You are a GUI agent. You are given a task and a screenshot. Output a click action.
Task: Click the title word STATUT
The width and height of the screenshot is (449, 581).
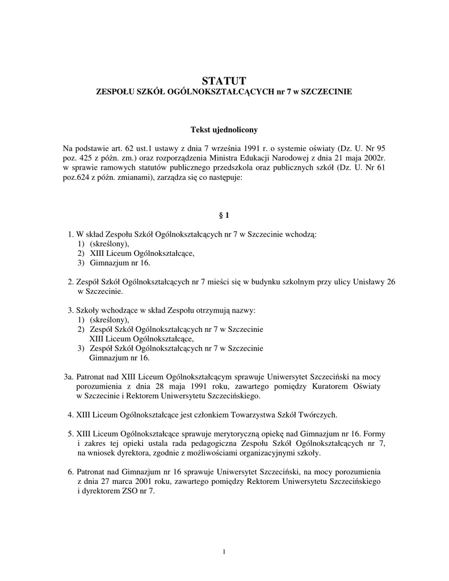pyautogui.click(x=224, y=81)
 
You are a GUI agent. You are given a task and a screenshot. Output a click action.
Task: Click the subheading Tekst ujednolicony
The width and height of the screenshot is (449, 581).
pyautogui.click(x=224, y=130)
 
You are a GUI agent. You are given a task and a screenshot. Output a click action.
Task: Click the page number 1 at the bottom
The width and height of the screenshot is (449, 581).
pyautogui.click(x=225, y=552)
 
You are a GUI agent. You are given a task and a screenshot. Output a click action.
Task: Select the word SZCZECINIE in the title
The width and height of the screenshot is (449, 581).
pyautogui.click(x=326, y=91)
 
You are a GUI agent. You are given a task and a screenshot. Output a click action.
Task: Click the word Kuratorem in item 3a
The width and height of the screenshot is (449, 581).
pyautogui.click(x=310, y=386)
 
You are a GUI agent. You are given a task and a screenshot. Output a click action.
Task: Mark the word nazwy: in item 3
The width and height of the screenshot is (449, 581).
pyautogui.click(x=242, y=310)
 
